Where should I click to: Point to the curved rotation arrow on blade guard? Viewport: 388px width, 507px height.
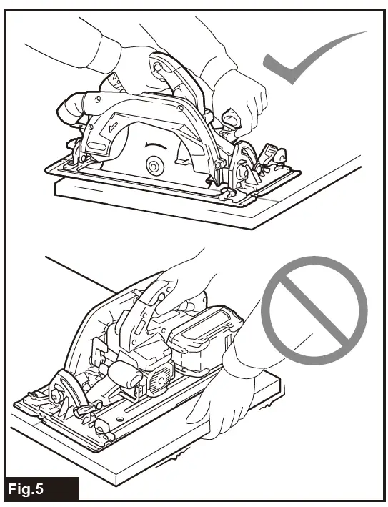click(x=154, y=146)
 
